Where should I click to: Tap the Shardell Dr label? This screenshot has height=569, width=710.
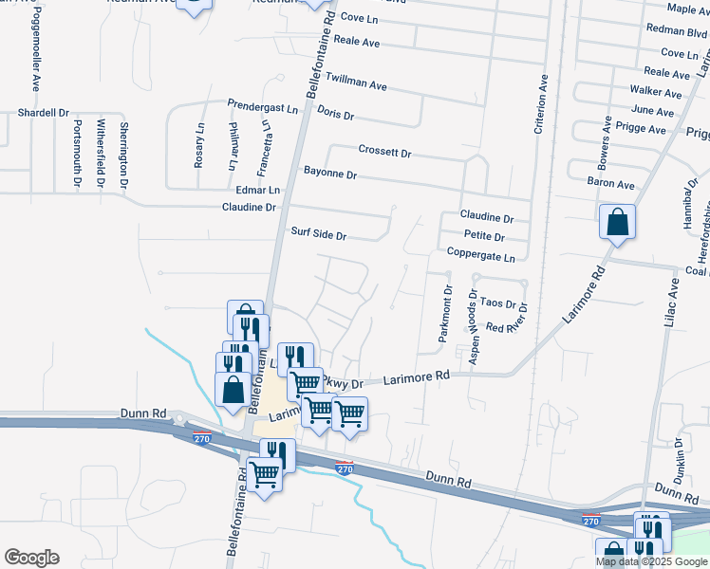click(x=44, y=112)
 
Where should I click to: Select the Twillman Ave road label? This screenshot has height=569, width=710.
click(x=356, y=81)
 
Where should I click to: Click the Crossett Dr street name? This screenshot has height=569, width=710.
click(x=384, y=151)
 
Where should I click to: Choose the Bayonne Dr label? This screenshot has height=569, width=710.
click(x=330, y=174)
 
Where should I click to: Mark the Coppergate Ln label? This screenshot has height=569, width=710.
click(x=481, y=257)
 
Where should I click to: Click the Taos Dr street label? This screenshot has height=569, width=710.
click(x=497, y=304)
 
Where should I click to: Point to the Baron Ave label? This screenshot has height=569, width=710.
click(x=611, y=184)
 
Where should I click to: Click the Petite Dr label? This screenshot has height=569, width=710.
click(x=484, y=236)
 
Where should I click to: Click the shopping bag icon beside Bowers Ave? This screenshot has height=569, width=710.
click(x=617, y=223)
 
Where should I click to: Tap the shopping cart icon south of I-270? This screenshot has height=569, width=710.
click(x=265, y=473)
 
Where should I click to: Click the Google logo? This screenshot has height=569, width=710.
click(x=31, y=558)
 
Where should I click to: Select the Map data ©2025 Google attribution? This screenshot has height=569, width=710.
click(x=650, y=561)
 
